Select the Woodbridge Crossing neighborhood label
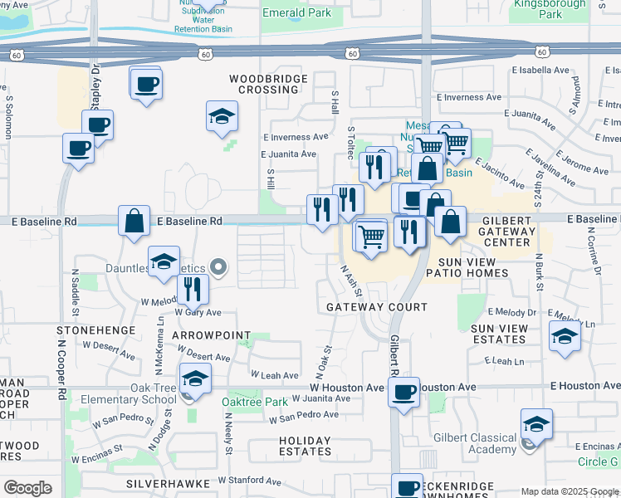click(268, 84)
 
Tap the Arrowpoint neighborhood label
click(211, 334)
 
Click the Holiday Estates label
click(305, 446)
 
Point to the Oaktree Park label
click(254, 403)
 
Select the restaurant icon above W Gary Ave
click(193, 288)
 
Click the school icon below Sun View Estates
click(565, 336)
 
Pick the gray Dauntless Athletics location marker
click(218, 267)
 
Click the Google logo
click(27, 488)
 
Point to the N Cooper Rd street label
click(61, 363)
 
